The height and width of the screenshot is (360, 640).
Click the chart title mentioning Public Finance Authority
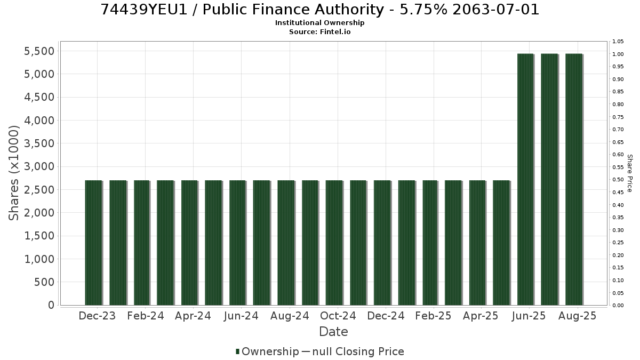[x=319, y=10]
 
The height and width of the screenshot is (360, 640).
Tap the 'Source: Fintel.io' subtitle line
[x=319, y=31]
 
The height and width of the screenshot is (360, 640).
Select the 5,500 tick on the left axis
[x=39, y=51]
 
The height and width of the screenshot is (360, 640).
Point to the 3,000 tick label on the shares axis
[x=39, y=166]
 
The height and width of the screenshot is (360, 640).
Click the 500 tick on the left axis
[x=44, y=282]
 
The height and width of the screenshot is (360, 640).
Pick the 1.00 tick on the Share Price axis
[x=618, y=54]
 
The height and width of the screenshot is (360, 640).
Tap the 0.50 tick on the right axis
[x=618, y=179]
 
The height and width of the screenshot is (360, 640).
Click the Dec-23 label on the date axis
[x=97, y=316]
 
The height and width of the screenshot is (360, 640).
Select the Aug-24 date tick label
[x=290, y=316]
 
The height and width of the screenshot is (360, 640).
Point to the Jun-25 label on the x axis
[x=529, y=316]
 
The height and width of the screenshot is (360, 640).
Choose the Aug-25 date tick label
[x=578, y=316]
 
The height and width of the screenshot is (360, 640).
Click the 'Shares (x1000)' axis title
[x=14, y=173]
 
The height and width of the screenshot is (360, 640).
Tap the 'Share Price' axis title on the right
[x=629, y=173]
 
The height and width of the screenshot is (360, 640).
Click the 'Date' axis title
[x=333, y=332]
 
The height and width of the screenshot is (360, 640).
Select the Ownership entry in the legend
[x=267, y=351]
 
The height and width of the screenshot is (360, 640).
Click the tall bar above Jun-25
[x=525, y=179]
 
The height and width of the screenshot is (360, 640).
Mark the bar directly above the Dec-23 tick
[x=94, y=243]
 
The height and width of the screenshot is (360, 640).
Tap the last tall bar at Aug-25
[x=574, y=179]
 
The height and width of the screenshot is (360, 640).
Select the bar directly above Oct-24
[x=334, y=243]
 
